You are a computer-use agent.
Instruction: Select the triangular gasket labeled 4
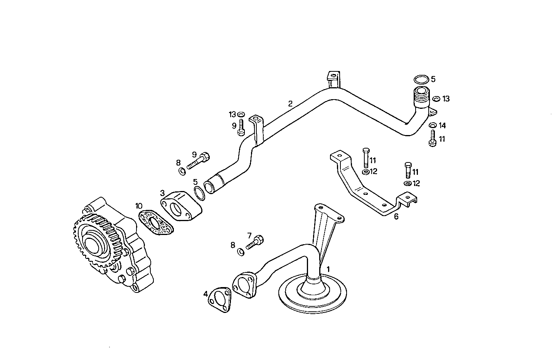click(x=219, y=300)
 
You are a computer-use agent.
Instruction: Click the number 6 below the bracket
click(x=396, y=216)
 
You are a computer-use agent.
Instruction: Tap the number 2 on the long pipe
click(x=290, y=103)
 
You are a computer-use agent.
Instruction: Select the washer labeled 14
click(x=433, y=125)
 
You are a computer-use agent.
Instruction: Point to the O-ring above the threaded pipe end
click(x=421, y=79)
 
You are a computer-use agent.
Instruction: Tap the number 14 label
click(x=442, y=125)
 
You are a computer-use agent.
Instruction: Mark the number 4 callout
click(x=205, y=294)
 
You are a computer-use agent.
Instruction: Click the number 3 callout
click(x=162, y=192)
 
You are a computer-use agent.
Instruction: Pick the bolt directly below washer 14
click(x=432, y=138)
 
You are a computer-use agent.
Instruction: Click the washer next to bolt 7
click(x=241, y=252)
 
